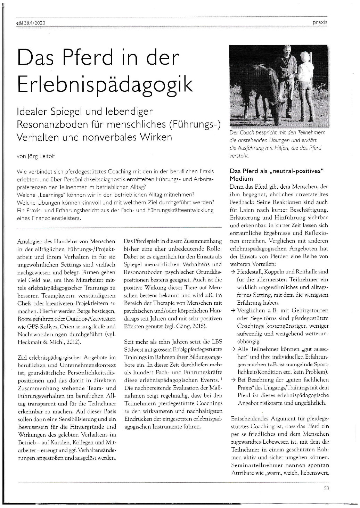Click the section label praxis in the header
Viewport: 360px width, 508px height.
click(320, 23)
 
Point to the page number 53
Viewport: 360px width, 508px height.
click(326, 488)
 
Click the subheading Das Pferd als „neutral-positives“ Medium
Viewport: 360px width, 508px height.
click(277, 175)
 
